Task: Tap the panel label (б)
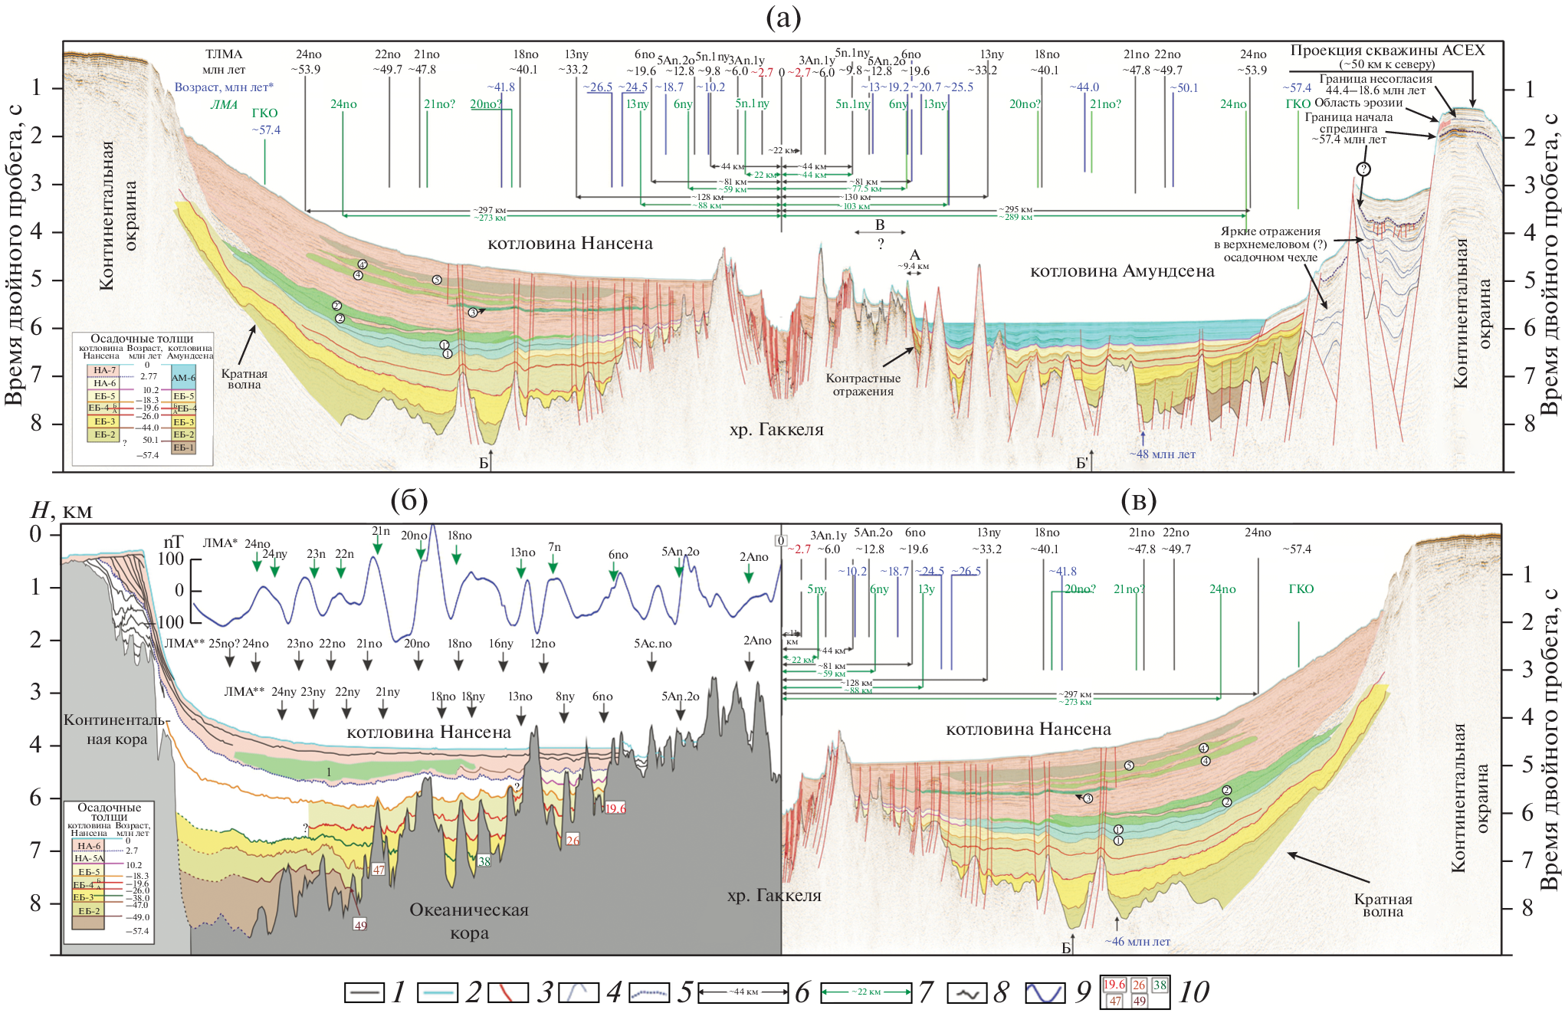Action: [x=408, y=501]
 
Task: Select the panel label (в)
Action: [x=1138, y=501]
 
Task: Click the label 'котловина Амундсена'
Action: [x=1122, y=271]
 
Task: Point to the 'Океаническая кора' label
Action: [x=469, y=921]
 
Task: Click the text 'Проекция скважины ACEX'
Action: [x=1387, y=51]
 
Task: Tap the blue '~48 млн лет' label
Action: [x=1162, y=454]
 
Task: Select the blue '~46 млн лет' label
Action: [x=1137, y=942]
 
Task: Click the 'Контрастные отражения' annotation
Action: [x=863, y=385]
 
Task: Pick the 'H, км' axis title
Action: [x=61, y=510]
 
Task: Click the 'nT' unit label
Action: [x=174, y=543]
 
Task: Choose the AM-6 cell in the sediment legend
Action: [x=183, y=378]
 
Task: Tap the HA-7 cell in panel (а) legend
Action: [x=105, y=371]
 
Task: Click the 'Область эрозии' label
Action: [x=1358, y=103]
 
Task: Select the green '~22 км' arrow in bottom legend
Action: [x=865, y=993]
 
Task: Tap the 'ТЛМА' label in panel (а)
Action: [x=224, y=54]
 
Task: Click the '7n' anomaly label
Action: [x=554, y=547]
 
